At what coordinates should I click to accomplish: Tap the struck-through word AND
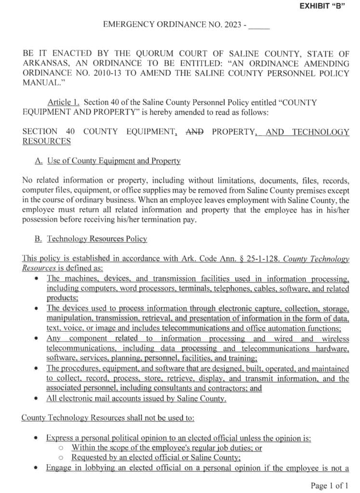194,131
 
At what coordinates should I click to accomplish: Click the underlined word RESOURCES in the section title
46,141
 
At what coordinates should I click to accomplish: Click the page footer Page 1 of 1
330,485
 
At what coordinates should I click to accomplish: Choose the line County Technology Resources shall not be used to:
107,418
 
